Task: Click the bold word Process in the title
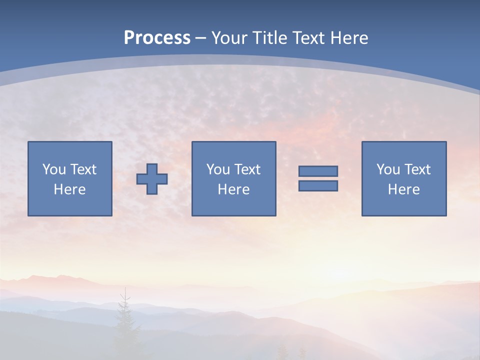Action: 157,38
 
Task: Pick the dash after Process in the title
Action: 200,38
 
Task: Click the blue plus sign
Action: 152,179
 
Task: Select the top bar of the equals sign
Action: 318,171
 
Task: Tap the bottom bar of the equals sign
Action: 318,185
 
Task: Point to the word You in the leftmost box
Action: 52,169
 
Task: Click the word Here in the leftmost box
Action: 70,189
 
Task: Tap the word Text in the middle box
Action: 247,169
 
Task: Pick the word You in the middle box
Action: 217,169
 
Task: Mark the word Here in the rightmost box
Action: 404,189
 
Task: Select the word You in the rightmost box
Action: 387,169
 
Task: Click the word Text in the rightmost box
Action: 417,169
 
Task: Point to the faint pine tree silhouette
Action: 124,320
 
